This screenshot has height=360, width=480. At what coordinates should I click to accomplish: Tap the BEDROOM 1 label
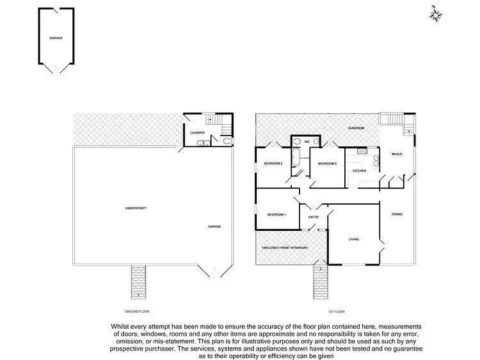[x=276, y=214]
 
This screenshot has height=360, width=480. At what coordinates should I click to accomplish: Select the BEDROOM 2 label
[x=273, y=164]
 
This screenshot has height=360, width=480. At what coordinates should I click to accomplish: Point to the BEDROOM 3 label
[x=327, y=164]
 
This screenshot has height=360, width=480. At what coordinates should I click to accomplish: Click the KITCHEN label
[x=359, y=171]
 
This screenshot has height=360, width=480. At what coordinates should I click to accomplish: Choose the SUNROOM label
[x=356, y=129]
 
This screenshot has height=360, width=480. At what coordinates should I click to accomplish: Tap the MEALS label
[x=397, y=154]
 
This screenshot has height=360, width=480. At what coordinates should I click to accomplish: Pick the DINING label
[x=397, y=214]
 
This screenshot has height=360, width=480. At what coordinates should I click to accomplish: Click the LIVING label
[x=353, y=240]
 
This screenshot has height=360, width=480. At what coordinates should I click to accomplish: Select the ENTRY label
[x=314, y=217]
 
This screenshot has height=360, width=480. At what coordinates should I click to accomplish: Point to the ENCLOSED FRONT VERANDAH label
[x=284, y=247]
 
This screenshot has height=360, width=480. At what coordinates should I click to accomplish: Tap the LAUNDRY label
[x=197, y=133]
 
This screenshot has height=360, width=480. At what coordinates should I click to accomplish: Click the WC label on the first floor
[x=307, y=141]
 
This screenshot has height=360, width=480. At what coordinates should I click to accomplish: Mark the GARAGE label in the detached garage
[x=56, y=38]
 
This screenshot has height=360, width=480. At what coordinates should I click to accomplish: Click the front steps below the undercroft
[x=138, y=281]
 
